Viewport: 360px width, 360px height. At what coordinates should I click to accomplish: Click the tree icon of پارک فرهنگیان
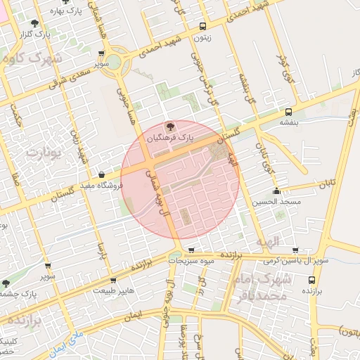coord(169,126)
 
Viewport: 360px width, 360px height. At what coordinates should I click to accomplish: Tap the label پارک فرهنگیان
coord(169,139)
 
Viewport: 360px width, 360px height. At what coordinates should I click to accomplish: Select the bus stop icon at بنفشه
coord(288,112)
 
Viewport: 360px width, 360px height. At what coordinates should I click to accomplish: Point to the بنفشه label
coord(289,122)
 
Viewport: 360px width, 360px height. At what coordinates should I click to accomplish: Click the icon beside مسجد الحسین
coord(276,191)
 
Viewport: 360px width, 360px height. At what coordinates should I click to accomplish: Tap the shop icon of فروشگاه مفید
coord(103,175)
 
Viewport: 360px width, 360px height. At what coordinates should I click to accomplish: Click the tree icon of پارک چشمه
coord(6,283)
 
